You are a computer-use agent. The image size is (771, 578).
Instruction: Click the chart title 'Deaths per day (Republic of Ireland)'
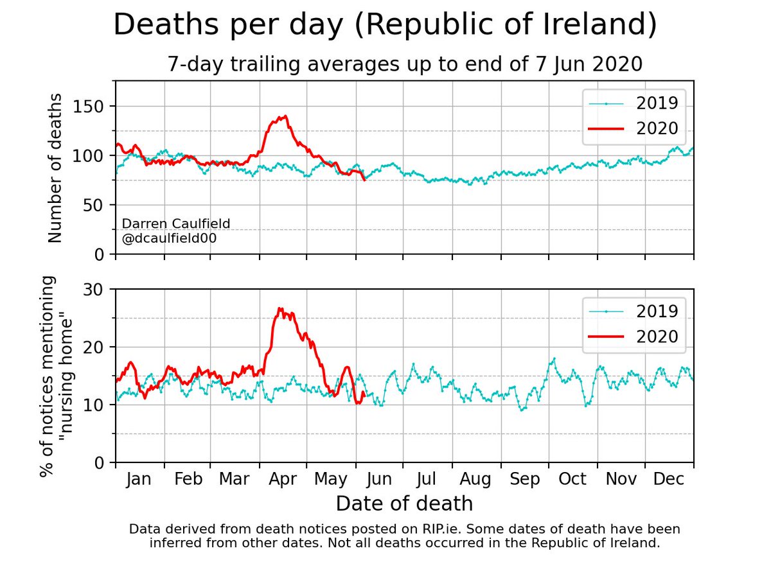click(x=385, y=24)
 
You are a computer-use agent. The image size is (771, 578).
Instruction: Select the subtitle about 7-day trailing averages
click(x=405, y=64)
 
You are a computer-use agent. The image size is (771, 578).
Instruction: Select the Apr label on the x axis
click(x=283, y=479)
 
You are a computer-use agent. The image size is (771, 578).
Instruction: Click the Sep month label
click(x=525, y=479)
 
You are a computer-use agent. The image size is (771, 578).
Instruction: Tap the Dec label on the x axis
click(x=669, y=478)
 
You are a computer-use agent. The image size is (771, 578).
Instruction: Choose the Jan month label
click(x=138, y=479)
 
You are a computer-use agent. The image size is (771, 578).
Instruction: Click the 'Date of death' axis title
click(x=404, y=504)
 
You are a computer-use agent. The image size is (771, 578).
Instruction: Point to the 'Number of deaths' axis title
click(x=55, y=168)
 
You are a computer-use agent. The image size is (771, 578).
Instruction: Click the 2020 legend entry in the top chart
click(x=633, y=129)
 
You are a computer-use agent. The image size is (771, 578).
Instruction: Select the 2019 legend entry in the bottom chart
click(x=633, y=311)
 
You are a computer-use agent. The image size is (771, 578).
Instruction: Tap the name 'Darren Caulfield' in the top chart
click(x=176, y=223)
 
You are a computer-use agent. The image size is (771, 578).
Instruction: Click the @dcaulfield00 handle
click(x=169, y=238)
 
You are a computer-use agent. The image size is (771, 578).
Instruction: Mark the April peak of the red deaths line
click(x=285, y=116)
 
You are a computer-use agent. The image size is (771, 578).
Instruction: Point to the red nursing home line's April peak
click(x=279, y=308)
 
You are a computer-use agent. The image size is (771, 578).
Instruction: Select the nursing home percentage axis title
click(x=56, y=376)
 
